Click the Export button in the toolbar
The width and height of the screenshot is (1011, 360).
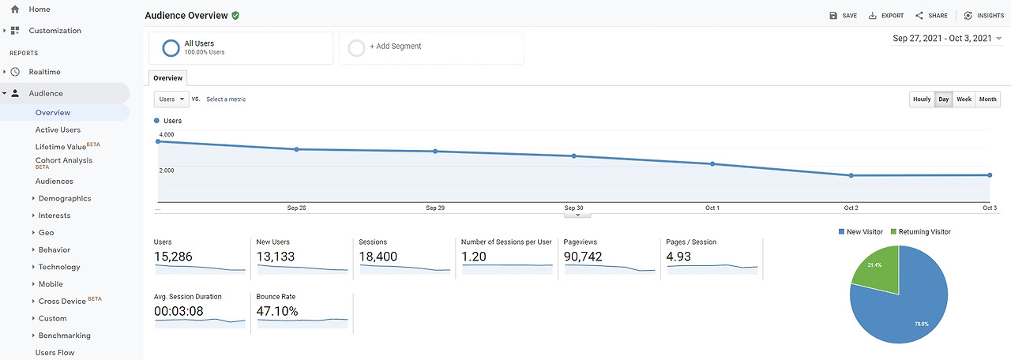pos(886,15)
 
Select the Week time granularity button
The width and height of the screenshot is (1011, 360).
pos(964,99)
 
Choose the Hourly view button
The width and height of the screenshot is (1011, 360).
pos(922,99)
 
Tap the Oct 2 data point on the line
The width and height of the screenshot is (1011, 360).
pos(851,175)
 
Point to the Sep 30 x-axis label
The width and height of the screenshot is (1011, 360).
pos(573,208)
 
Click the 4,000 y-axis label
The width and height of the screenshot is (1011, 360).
pos(167,134)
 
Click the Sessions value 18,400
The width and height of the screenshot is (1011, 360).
pos(378,257)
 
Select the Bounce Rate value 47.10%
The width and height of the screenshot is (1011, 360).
pos(277,311)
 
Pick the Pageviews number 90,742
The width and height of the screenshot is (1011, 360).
pos(583,257)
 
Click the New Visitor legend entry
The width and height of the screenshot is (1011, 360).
pos(860,232)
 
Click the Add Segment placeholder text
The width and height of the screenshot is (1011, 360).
pos(396,46)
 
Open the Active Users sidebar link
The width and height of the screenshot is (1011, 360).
pos(58,130)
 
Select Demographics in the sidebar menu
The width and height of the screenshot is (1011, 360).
pos(65,198)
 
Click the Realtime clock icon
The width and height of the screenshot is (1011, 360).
pos(15,72)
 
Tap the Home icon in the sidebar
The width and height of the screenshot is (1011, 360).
pos(15,9)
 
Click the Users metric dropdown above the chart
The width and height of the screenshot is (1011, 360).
pos(171,99)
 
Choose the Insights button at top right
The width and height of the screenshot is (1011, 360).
pos(984,15)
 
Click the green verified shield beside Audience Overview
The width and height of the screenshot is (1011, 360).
pos(235,15)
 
